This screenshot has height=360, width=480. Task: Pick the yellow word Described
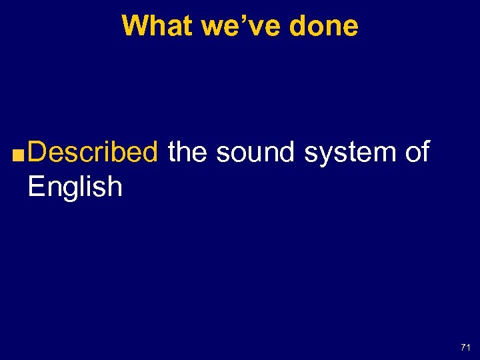93,153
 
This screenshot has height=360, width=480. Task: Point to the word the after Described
189,153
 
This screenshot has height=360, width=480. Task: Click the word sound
256,153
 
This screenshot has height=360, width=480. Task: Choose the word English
75,187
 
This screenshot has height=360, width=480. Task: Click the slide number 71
465,347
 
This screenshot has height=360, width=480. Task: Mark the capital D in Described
38,153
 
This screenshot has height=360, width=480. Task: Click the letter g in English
69,191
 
